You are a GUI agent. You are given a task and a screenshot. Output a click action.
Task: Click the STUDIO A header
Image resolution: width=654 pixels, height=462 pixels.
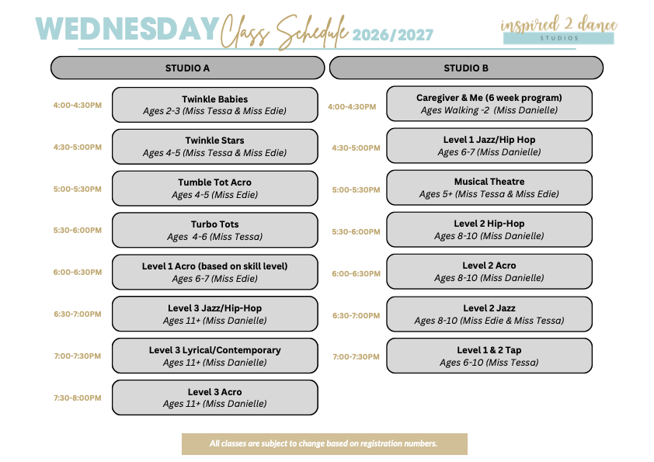pos(187,68)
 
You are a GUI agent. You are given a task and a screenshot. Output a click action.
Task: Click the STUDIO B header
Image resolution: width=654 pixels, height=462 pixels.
pos(466,68)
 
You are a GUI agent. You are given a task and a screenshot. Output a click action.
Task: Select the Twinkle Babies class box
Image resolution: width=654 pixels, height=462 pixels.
pos(215,105)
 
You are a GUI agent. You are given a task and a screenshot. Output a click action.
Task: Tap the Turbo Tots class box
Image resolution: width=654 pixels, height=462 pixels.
pos(215,230)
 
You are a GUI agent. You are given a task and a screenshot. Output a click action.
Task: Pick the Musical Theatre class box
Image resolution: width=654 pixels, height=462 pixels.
pos(489,188)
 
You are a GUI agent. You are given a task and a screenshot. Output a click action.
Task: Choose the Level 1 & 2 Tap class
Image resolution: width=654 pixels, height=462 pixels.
pos(489,356)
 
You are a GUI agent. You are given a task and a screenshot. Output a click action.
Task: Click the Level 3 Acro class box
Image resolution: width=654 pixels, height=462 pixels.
pos(215,398)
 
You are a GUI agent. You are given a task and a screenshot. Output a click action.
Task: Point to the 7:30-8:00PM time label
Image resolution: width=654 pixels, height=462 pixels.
pos(78,398)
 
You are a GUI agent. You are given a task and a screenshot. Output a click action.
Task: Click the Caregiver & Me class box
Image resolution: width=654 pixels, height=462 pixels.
pos(489,104)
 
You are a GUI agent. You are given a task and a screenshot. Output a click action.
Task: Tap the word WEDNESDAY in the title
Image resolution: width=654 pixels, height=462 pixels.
pos(127,29)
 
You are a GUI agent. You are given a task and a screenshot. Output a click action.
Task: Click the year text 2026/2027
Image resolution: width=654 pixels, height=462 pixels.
pos(392,35)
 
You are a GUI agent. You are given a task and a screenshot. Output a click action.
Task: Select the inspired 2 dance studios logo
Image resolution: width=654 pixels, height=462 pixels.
pos(559,30)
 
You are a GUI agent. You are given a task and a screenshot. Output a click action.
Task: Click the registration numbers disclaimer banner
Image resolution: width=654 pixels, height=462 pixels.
pos(325,444)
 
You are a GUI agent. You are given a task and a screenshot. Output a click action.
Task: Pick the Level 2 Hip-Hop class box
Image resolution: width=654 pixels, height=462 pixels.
pos(489,230)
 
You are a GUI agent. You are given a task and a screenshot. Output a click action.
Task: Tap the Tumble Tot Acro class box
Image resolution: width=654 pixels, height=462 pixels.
pos(215,189)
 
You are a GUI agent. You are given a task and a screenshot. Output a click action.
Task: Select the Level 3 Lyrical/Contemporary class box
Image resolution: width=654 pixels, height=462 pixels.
pos(215,356)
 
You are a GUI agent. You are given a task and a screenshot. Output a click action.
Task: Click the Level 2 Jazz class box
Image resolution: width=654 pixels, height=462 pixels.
pos(489,314)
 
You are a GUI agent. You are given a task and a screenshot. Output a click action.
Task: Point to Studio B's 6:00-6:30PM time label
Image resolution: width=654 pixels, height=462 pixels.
pos(357,273)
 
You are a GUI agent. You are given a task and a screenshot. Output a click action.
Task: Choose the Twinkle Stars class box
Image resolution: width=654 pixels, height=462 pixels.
pos(215,147)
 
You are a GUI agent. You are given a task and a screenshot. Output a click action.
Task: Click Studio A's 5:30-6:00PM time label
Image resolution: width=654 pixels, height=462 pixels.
pos(78,230)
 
